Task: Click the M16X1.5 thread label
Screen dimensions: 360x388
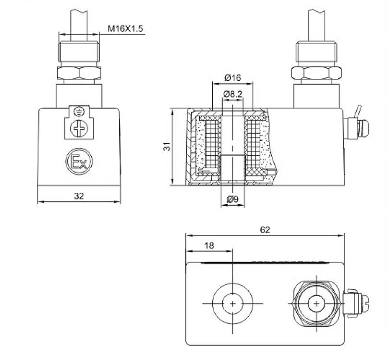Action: tap(125, 29)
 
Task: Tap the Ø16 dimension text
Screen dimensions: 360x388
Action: tap(232, 78)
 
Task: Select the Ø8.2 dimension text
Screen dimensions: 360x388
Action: tap(232, 95)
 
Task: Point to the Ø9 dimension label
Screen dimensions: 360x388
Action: tap(232, 199)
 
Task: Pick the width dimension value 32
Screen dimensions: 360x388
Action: tap(79, 196)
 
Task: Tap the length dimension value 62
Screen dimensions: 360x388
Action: tap(265, 230)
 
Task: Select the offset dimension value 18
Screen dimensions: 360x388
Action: tap(209, 245)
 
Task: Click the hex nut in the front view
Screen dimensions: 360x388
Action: tap(79, 73)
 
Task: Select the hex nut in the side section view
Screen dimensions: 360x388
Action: tap(317, 73)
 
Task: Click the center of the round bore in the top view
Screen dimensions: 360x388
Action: tap(232, 303)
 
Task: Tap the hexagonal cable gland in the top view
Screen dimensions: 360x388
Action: tap(316, 303)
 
